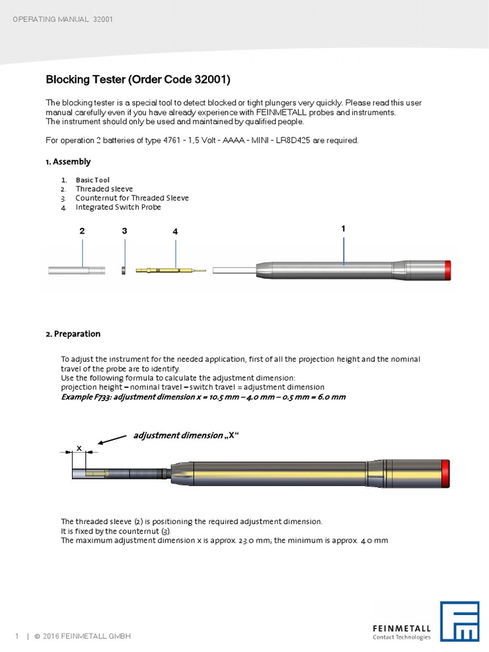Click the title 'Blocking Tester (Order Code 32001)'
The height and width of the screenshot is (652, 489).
point(138,80)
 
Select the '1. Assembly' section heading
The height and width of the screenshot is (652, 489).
point(68,162)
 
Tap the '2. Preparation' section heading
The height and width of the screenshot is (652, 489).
point(73,334)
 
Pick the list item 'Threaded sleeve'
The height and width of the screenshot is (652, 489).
point(104,189)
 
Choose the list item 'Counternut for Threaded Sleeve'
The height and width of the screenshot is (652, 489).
point(132,198)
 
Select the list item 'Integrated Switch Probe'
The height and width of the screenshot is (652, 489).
point(118,207)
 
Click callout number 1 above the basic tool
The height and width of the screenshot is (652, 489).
point(343,227)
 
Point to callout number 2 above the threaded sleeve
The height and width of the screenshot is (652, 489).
point(82,232)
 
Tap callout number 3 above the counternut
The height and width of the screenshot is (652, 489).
point(125,232)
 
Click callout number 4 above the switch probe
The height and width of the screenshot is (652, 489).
point(174,232)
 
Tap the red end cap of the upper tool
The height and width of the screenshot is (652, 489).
point(448,270)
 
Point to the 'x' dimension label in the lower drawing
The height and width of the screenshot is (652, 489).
point(79,448)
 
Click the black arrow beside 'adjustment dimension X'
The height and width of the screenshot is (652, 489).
point(113,439)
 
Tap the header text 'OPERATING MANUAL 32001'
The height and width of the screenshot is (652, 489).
point(63,19)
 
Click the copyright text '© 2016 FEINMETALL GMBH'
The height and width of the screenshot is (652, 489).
point(82,637)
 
